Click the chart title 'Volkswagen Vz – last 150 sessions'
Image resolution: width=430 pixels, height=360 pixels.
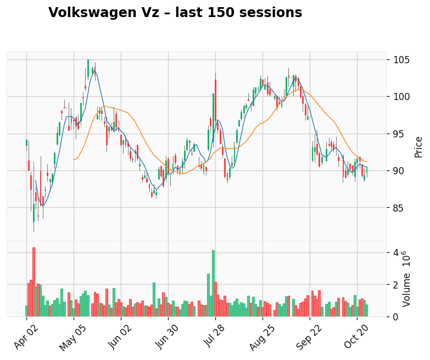pyautogui.click(x=175, y=13)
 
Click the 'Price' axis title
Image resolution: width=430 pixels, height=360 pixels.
pyautogui.click(x=418, y=147)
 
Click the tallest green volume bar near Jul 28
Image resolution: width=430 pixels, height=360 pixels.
pyautogui.click(x=213, y=284)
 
